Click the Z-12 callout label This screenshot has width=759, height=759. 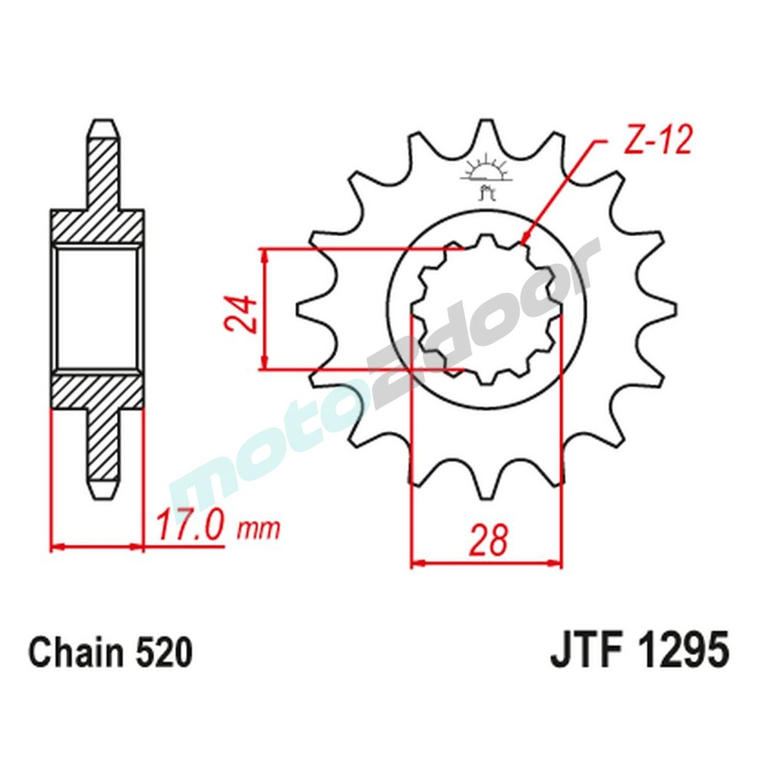click(658, 141)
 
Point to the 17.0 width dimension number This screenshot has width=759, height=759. click(190, 524)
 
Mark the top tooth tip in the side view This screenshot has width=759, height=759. click(104, 129)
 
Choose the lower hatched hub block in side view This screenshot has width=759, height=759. click(96, 391)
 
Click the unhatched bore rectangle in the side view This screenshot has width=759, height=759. click(96, 309)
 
